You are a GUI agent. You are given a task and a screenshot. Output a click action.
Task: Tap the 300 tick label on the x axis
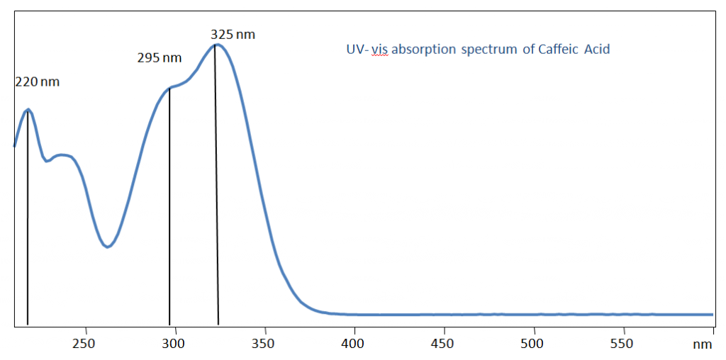174,344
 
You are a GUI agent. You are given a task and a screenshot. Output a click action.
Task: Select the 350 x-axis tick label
263,344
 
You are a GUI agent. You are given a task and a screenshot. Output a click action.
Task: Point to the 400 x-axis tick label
353,344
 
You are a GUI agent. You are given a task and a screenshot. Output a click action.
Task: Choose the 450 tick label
443,344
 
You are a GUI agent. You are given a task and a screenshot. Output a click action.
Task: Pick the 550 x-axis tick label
622,344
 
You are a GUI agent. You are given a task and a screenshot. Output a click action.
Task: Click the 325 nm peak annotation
233,34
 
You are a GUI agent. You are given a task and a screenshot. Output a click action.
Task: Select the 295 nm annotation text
160,58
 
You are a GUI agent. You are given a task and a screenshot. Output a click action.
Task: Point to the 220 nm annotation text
38,82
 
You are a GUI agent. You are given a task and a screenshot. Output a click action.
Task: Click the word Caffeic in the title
559,50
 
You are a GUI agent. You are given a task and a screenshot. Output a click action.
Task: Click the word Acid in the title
597,50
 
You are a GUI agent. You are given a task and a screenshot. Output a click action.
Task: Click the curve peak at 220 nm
28,109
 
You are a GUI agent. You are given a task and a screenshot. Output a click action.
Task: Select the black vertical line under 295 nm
169,213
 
